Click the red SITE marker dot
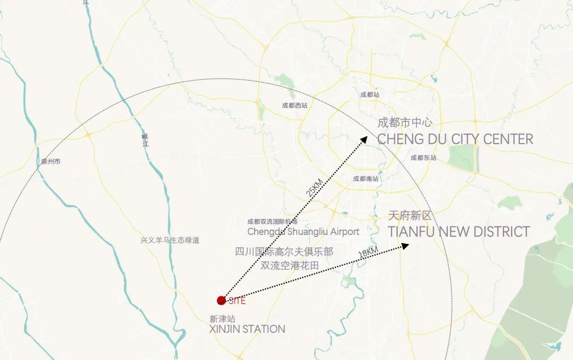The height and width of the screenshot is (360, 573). pos(221,301)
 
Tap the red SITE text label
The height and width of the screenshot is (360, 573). pos(237,301)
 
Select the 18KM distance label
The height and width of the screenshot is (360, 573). pos(369,252)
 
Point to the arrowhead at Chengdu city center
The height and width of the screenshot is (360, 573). pos(364,139)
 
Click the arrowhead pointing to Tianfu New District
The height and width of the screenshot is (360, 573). pos(405,245)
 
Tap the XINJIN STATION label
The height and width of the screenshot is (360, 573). pos(247,329)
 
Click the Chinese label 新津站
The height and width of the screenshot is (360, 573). pos(222,319)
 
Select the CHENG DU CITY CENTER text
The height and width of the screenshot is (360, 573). pos(455,139)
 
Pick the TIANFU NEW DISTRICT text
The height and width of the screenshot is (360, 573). pos(458,232)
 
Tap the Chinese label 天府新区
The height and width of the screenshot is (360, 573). pos(410,216)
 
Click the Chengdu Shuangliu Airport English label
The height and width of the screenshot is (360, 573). pos(303,232)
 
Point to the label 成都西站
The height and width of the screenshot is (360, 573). pos(294,106)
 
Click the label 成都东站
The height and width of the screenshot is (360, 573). pos(423,157)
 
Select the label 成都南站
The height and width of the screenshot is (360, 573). pos(366,179)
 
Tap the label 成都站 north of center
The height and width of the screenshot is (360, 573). pos(370,95)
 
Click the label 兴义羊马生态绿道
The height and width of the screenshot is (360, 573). pos(170,240)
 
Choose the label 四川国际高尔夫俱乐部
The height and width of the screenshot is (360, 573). pos(284,252)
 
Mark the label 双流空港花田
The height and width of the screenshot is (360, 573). pos(290,266)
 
